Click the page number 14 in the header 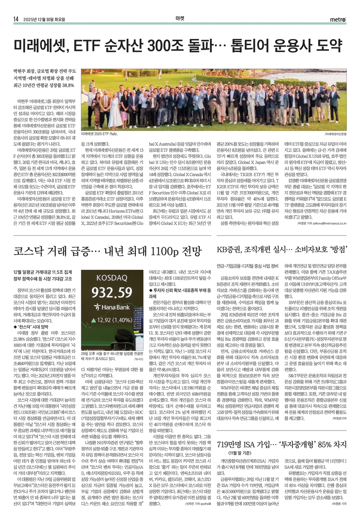tap(16, 19)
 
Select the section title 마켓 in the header tap(180, 19)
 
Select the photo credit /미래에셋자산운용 tap(335, 134)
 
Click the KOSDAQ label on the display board tap(111, 278)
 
